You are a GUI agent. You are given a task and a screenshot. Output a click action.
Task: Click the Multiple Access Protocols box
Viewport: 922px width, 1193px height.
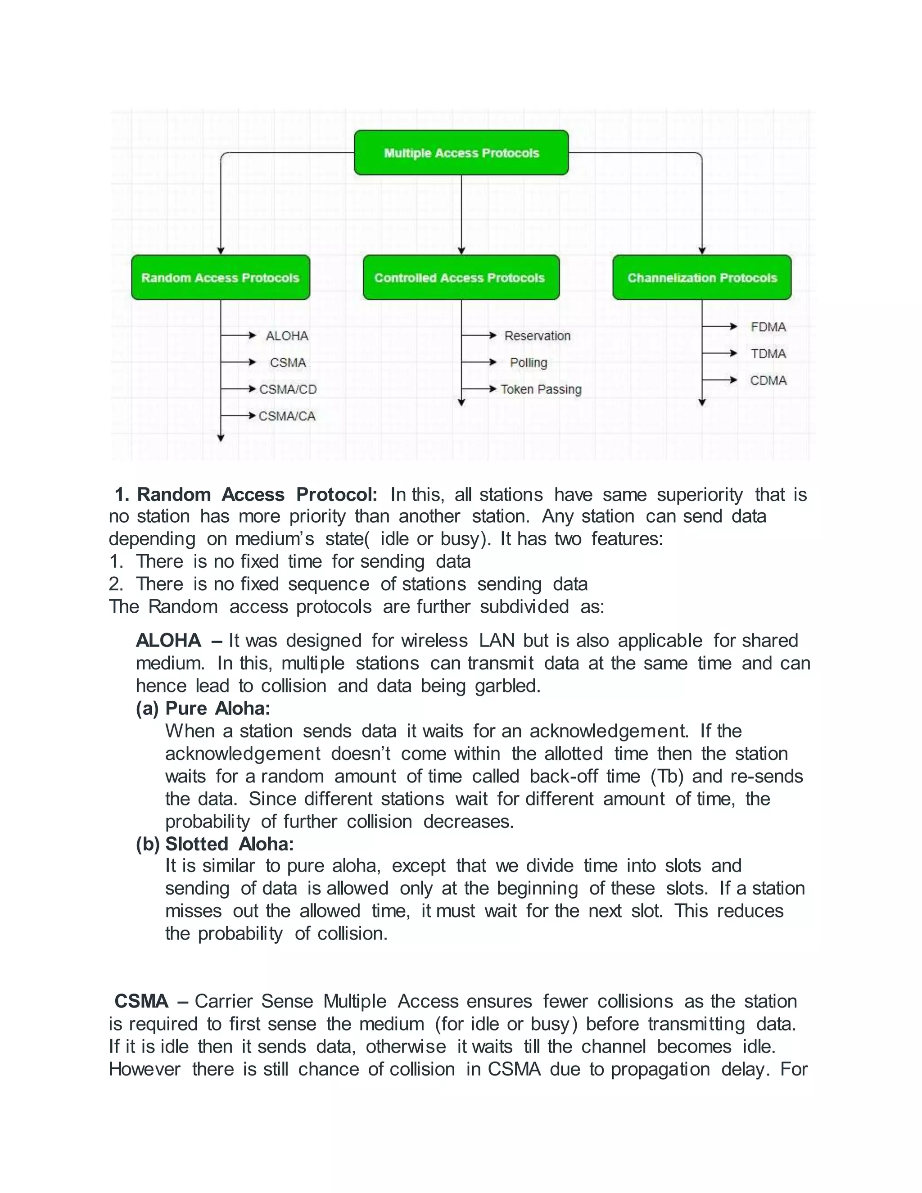(461, 153)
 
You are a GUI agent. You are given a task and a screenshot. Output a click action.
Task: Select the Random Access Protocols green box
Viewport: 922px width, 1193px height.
(220, 277)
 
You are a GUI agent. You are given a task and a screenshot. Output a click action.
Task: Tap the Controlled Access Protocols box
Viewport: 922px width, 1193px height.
(461, 277)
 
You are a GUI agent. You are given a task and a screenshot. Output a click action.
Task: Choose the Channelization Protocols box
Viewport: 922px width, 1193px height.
(702, 277)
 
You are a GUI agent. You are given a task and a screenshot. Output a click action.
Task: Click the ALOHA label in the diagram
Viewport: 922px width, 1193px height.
(287, 336)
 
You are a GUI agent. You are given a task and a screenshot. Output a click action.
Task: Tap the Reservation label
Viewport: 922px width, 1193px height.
(537, 336)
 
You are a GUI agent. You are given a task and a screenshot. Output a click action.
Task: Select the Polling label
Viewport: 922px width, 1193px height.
(528, 363)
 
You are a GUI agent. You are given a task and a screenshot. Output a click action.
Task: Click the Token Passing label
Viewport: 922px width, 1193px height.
(541, 389)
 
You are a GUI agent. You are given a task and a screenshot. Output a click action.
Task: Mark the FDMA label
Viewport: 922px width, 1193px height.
(768, 327)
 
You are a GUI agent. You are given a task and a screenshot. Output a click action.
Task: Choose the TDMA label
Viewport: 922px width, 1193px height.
(768, 354)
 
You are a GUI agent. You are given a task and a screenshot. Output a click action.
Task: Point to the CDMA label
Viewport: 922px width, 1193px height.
(768, 381)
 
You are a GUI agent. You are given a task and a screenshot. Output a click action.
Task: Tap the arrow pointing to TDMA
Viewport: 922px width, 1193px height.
(720, 353)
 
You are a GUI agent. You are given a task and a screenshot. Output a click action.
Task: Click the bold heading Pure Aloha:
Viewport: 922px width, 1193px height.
(217, 709)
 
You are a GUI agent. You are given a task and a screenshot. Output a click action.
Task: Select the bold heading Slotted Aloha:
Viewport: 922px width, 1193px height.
(230, 844)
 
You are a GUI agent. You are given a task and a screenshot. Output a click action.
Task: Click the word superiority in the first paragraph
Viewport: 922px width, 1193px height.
(699, 495)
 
